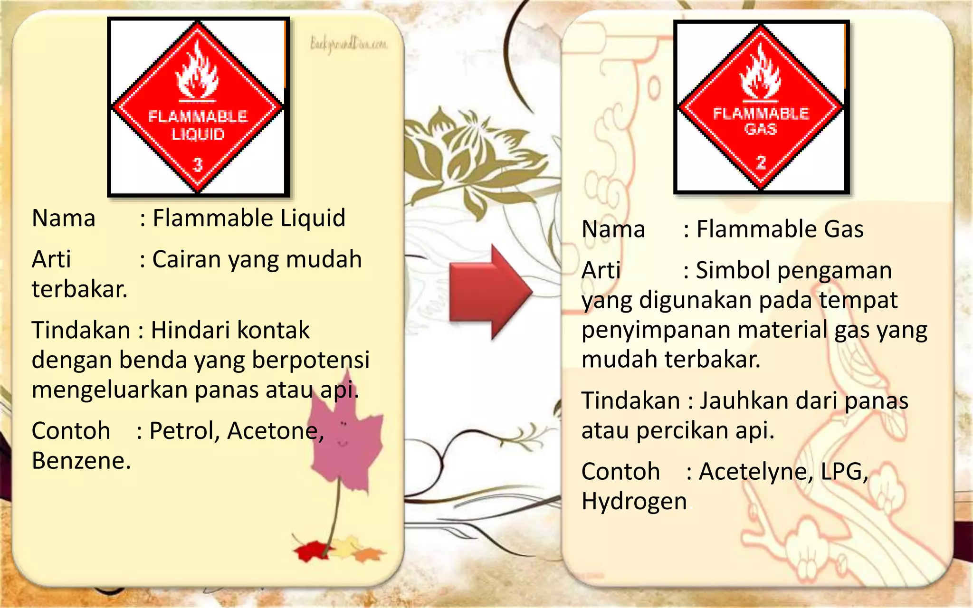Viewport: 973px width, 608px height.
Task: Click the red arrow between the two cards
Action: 489,292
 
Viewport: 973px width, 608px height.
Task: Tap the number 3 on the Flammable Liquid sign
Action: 198,165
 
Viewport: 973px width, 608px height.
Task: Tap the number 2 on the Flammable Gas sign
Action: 761,162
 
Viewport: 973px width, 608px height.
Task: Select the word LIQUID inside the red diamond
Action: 198,134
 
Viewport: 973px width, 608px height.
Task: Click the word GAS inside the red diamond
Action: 761,129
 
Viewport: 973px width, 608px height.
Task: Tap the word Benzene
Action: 81,461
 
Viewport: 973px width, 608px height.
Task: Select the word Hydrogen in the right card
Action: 634,502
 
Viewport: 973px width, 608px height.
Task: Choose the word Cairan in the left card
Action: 187,259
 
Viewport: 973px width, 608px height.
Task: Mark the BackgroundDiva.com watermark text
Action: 348,44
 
